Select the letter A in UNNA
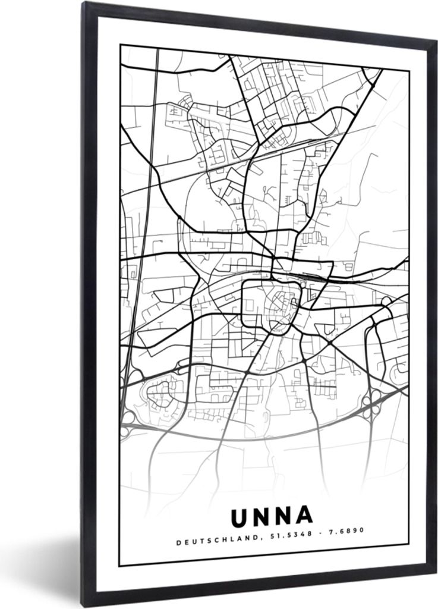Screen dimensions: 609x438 (304, 516)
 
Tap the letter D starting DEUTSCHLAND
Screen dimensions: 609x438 (178, 541)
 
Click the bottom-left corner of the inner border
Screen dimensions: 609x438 (119, 566)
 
